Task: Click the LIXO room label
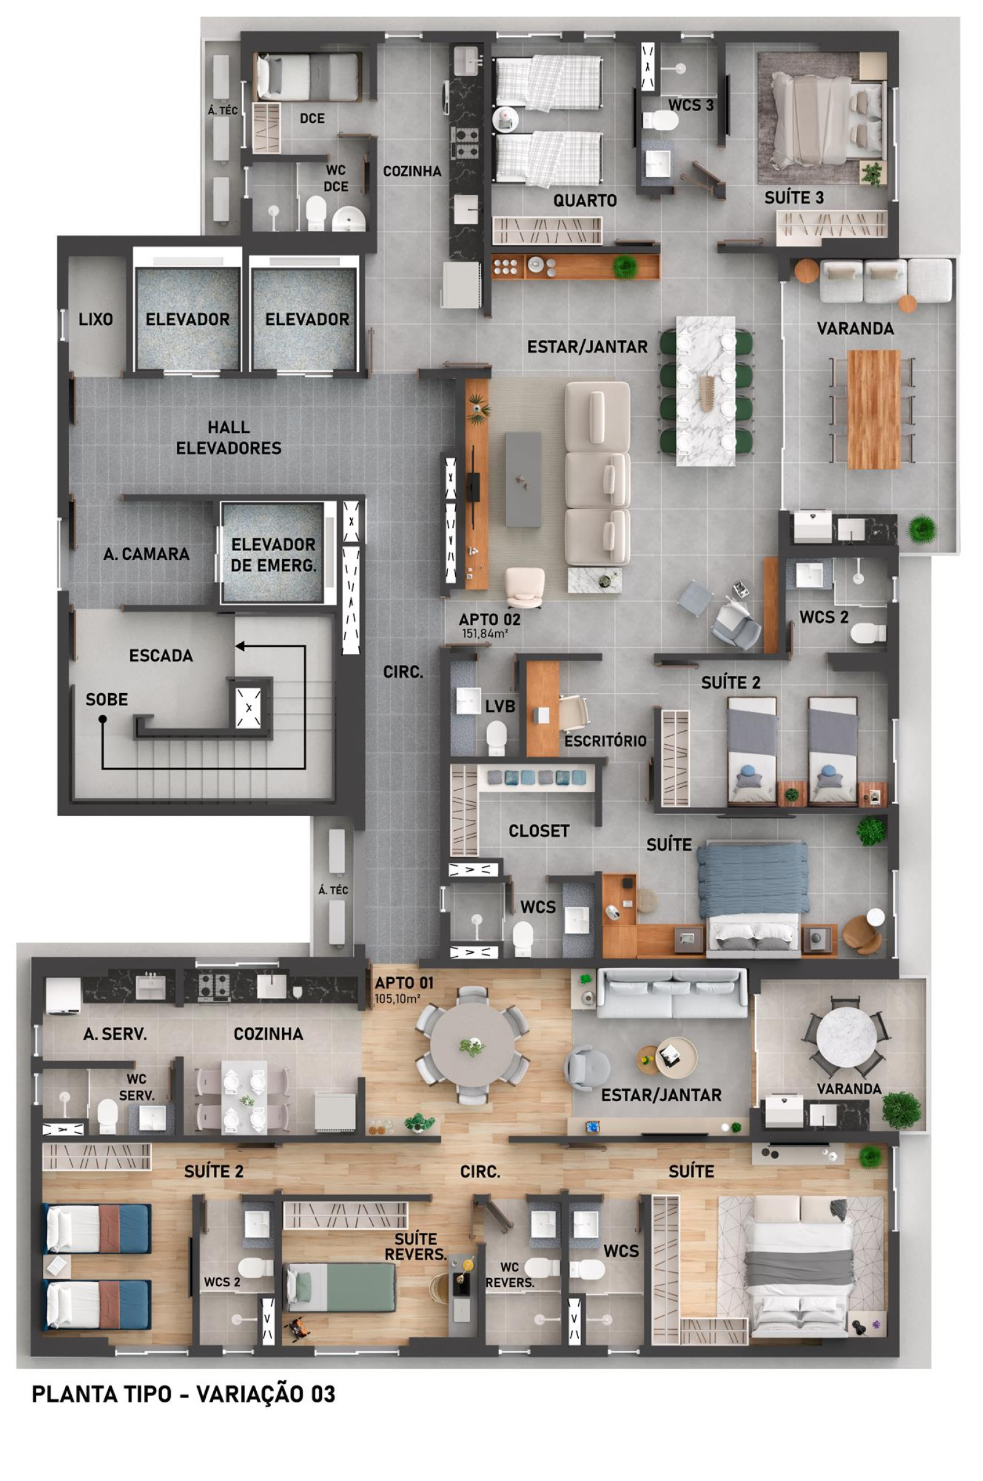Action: coord(96,319)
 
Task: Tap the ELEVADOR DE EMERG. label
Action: coord(273,554)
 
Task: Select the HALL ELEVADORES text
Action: coord(229,438)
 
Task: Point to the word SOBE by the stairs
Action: coord(106,699)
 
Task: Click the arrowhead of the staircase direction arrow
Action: coord(240,646)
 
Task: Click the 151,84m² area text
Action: coord(485,634)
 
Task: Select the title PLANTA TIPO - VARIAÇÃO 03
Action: coord(184,1394)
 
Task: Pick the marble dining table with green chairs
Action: coord(706,391)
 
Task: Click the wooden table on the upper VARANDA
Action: coord(873,409)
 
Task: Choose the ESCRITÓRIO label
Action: coord(605,741)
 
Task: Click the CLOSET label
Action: coord(539,831)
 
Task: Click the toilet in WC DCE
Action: coord(315,213)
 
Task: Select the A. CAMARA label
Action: coord(146,554)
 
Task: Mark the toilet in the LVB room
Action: coord(496,737)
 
